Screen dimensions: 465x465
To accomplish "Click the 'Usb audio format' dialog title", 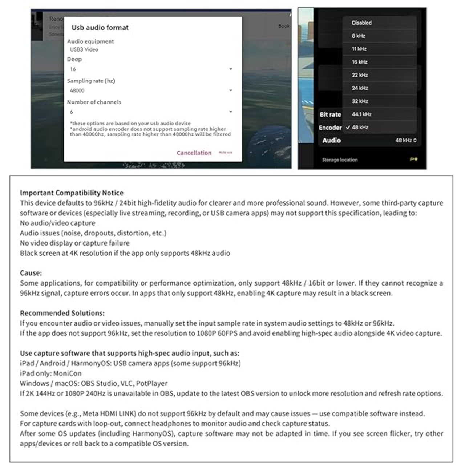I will coord(100,28).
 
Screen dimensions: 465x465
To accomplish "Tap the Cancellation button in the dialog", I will coord(194,153).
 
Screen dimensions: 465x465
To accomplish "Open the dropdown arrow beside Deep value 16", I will coord(231,69).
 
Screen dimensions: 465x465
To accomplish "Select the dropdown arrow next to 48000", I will coord(231,90).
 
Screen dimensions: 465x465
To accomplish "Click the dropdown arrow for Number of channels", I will coord(231,112).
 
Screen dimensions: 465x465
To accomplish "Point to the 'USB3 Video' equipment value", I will coord(84,50).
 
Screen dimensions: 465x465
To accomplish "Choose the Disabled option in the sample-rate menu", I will coord(361,23).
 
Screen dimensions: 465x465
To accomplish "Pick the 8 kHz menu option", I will coord(359,36).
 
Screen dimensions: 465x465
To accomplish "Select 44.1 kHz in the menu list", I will coord(361,114).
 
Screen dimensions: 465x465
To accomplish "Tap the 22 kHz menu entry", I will coord(360,75).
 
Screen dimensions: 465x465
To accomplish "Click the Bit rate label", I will coord(330,114).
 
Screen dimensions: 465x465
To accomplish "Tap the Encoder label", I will coord(330,128).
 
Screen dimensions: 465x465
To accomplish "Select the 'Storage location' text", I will coord(340,160).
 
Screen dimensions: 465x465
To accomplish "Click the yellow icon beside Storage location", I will coord(413,159).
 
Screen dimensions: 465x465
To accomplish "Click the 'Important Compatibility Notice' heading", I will coord(72,193).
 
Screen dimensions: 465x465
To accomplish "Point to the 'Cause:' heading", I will coord(31,273).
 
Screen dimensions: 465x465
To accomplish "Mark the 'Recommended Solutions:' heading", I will coord(62,313).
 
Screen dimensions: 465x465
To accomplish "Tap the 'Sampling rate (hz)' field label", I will coord(91,81).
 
